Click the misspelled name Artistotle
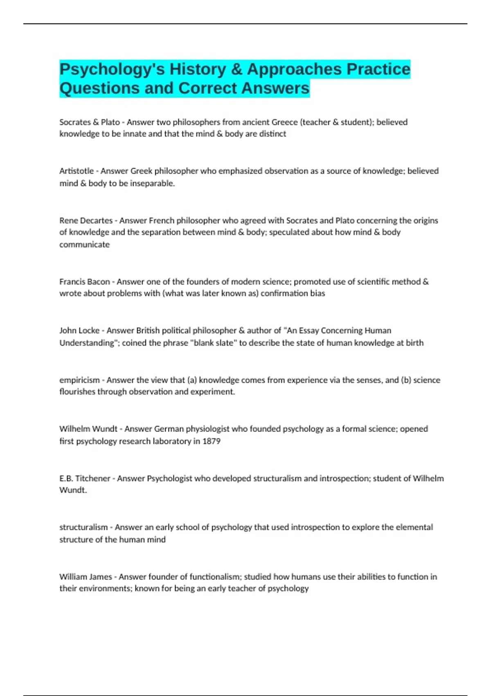click(x=77, y=171)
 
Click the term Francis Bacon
click(x=85, y=282)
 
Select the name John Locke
click(x=79, y=330)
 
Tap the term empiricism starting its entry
click(x=79, y=380)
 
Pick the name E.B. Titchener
click(x=85, y=478)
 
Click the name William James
click(x=86, y=577)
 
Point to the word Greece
click(x=284, y=122)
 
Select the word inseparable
click(x=152, y=183)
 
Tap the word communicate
click(x=85, y=244)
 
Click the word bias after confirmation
click(x=317, y=294)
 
